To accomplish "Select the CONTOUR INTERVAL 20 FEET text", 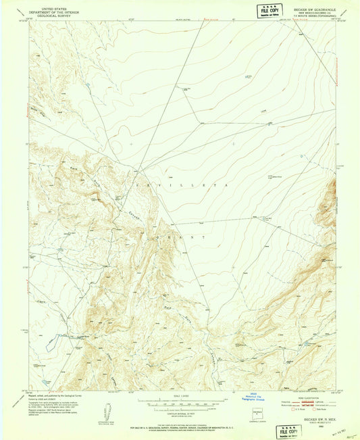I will (x=180, y=413).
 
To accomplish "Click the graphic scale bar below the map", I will (x=180, y=404).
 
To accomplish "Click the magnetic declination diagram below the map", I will (x=104, y=412).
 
